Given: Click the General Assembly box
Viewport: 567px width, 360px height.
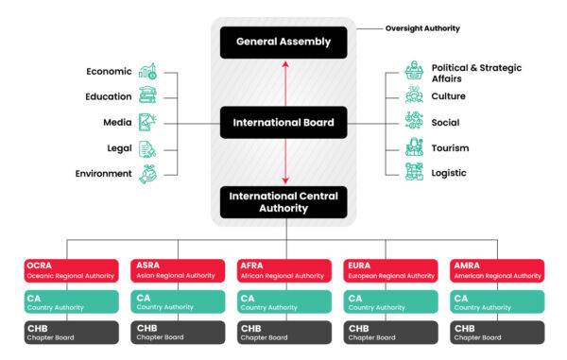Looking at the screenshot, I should (x=284, y=42).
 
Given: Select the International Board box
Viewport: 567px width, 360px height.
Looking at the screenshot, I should (x=284, y=122).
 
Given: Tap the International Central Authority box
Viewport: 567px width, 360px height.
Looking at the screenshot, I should (x=284, y=200).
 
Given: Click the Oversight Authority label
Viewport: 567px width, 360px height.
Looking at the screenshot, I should (x=422, y=28).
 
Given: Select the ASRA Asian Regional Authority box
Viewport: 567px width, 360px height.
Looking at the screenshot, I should (x=177, y=270).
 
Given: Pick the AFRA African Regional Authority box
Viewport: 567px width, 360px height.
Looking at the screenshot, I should (x=284, y=270).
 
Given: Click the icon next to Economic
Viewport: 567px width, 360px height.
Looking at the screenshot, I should (x=148, y=71).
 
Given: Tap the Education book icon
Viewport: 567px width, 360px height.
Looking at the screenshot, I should (x=148, y=95).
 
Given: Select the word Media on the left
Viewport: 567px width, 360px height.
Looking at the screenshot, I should (x=117, y=122).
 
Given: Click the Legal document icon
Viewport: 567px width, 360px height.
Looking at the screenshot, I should (x=148, y=148).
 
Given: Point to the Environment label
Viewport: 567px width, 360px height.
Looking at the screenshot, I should (x=103, y=174).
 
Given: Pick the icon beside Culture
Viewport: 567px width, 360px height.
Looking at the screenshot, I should (x=414, y=95).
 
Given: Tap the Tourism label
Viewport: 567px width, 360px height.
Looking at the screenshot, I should (x=450, y=148).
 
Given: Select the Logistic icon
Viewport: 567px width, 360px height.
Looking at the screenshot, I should (x=414, y=172).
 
